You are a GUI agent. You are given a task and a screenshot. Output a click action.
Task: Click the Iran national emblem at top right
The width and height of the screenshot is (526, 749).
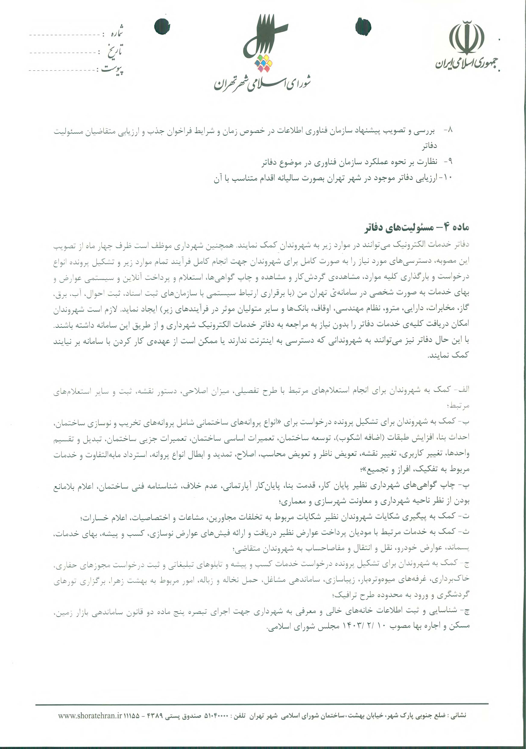(466, 38)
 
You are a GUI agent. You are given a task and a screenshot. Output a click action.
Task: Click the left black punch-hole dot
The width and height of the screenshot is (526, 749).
(162, 26)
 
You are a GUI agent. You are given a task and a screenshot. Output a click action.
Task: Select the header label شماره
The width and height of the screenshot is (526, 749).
(116, 33)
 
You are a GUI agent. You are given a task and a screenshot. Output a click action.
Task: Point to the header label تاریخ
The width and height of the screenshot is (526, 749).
(115, 51)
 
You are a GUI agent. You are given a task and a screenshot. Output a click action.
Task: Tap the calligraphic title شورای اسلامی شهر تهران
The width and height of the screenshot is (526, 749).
(262, 83)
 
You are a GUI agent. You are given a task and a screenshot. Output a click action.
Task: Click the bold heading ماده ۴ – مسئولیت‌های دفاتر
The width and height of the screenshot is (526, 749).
(416, 227)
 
